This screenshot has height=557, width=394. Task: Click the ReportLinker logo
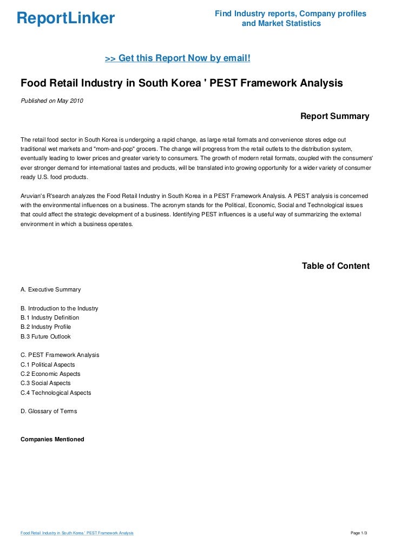[65, 18]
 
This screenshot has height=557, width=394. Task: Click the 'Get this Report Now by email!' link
[177, 58]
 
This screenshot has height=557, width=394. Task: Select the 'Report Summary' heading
[334, 116]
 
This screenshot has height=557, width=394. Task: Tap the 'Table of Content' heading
[336, 266]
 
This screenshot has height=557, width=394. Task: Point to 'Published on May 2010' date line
[52, 100]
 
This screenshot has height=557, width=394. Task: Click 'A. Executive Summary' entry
[50, 290]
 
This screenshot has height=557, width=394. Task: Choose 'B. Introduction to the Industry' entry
[60, 308]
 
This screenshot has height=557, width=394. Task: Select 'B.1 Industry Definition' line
[50, 317]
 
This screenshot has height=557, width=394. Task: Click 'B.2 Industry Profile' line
[46, 327]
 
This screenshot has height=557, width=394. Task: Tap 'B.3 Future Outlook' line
[45, 336]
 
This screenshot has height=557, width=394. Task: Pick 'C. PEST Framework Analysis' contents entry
[60, 355]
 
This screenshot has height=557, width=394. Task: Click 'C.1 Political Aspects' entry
[48, 364]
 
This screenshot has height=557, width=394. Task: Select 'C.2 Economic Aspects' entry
[50, 374]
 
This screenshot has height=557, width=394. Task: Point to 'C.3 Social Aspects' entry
[45, 383]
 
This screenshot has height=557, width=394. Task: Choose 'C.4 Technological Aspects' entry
[56, 393]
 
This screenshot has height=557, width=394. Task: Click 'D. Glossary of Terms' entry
[49, 412]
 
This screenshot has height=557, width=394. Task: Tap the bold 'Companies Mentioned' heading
[52, 439]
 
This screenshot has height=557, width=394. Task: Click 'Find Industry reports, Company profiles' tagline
[291, 14]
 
